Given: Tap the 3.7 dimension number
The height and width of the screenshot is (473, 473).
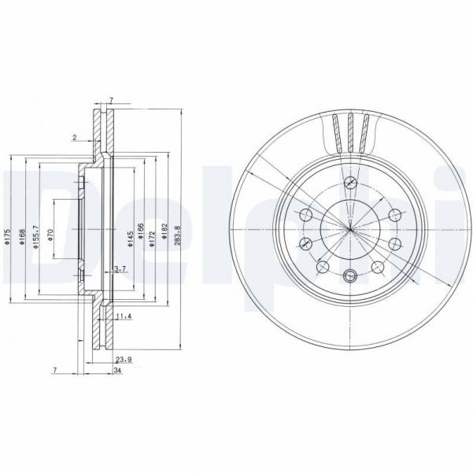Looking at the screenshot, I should click(x=120, y=269).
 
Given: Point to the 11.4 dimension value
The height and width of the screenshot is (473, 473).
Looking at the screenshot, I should click(x=123, y=317).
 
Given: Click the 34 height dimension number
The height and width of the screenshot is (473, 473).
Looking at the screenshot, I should click(x=117, y=371).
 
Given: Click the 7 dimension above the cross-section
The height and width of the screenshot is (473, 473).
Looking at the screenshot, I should click(x=111, y=100).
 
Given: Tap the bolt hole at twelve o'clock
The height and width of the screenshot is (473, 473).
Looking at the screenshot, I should click(x=351, y=184).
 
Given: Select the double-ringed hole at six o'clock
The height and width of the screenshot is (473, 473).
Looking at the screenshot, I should click(x=351, y=275).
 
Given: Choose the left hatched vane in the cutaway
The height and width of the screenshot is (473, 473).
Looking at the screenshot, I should click(x=338, y=132).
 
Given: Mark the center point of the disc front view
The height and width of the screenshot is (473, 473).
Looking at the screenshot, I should click(x=351, y=230).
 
